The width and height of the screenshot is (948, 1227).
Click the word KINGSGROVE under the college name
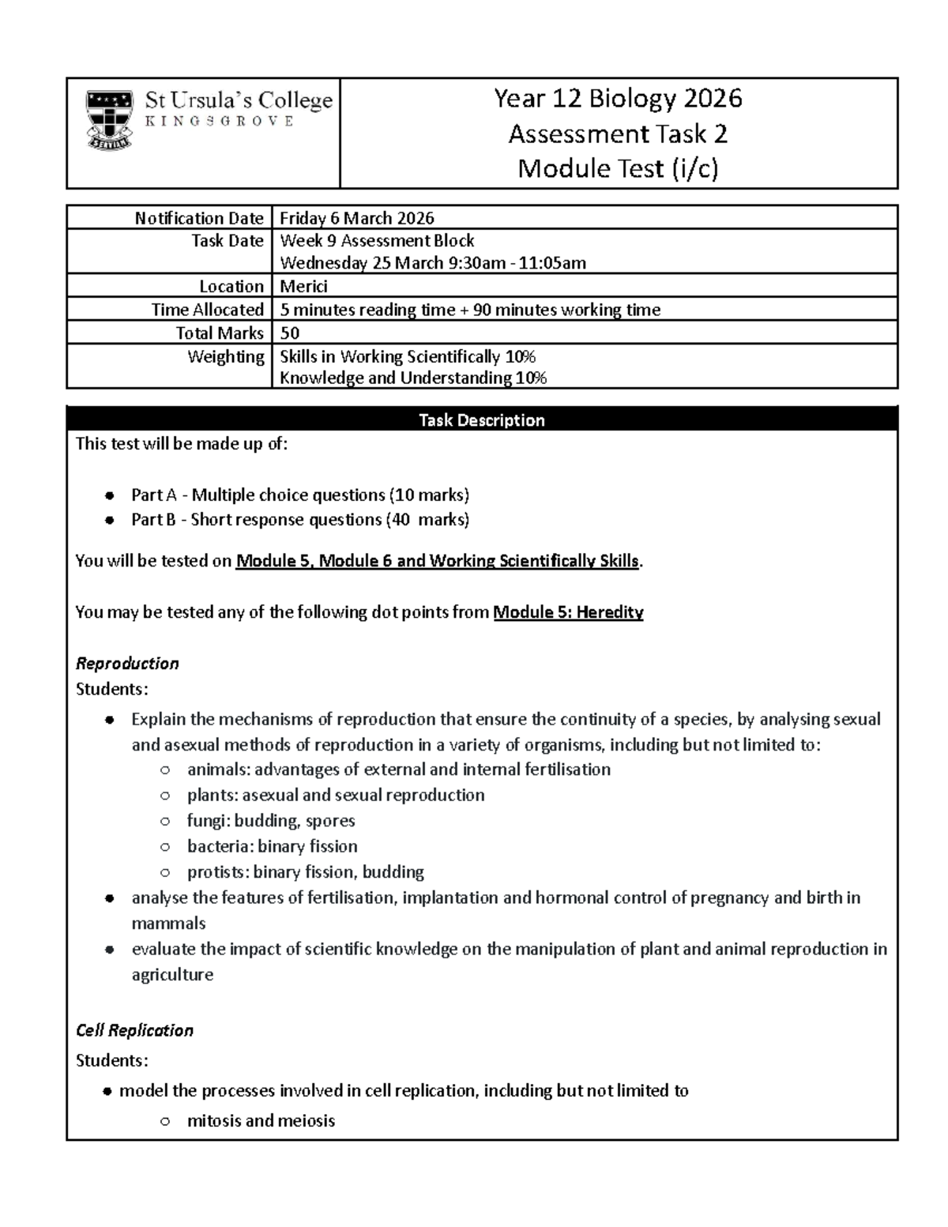219,122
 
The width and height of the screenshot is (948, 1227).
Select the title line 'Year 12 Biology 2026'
618,99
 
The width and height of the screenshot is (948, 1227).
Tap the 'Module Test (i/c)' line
618,168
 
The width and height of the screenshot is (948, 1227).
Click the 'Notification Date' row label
198,218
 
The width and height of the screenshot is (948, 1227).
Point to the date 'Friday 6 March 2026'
357,218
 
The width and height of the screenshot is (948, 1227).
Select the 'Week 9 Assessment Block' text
377,240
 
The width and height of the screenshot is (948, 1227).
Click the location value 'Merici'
303,286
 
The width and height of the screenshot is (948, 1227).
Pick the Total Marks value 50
290,333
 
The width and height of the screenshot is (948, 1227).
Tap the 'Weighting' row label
225,356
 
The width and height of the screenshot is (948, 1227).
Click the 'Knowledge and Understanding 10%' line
413,378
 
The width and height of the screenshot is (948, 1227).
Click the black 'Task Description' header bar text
481,420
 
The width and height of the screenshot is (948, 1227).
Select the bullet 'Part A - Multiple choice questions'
299,495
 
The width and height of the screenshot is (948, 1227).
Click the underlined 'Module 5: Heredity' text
568,612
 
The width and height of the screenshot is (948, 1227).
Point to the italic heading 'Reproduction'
127,663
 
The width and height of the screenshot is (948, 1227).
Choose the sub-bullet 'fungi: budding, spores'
271,821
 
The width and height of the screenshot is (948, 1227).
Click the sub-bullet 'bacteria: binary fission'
272,846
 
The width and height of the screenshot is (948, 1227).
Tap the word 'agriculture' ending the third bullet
172,975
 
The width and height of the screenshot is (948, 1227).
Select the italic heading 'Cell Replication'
134,1030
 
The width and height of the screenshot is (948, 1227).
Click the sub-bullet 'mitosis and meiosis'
261,1120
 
